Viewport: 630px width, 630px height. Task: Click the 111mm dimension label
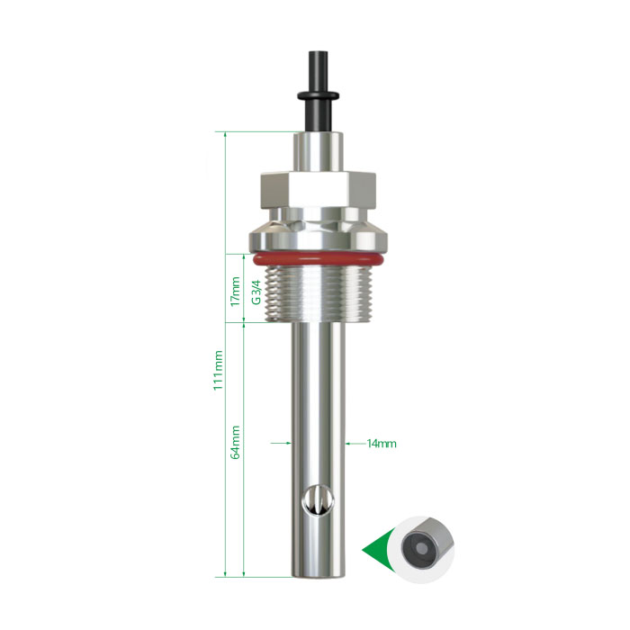[218, 370]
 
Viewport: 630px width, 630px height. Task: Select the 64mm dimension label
[236, 443]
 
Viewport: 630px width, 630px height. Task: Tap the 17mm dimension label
[236, 292]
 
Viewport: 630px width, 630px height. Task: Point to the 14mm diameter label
[382, 444]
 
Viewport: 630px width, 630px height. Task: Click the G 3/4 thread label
[256, 292]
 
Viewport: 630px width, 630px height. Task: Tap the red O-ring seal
[318, 259]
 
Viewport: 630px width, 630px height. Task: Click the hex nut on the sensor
[319, 190]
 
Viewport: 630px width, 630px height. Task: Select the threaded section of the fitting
[319, 294]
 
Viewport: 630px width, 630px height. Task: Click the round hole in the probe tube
[319, 500]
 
